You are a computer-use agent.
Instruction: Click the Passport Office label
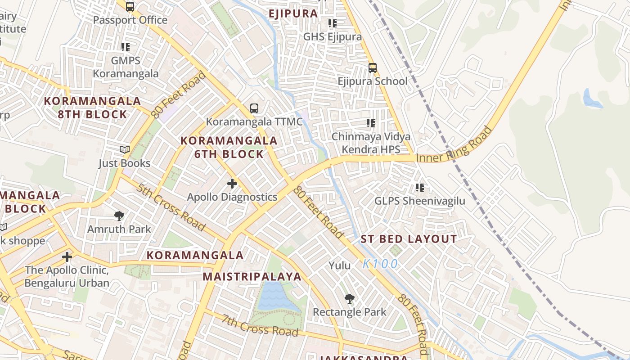coord(130,20)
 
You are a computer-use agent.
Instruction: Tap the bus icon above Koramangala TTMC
coord(254,108)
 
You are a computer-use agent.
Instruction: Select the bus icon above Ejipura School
coord(373,68)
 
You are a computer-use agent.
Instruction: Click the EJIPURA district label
coord(293,13)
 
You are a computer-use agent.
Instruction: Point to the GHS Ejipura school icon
coord(333,23)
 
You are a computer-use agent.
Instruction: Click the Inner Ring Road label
coord(454,145)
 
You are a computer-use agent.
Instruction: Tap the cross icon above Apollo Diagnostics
coord(232,184)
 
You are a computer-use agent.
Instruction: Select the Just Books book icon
coord(125,149)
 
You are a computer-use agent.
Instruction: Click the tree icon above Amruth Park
coord(119,216)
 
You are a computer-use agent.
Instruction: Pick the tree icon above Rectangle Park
coord(349,299)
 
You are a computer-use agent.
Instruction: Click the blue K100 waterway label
coord(380,264)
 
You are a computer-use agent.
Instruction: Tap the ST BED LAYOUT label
coord(409,239)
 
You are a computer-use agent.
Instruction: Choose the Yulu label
coord(339,265)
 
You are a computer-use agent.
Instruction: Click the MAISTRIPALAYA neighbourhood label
coord(252,276)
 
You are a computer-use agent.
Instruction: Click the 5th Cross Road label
coord(171,207)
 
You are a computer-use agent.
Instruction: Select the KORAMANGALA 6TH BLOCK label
coord(229,147)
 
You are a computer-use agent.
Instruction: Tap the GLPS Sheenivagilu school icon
coord(420,187)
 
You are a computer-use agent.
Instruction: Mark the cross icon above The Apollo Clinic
coord(67,257)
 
